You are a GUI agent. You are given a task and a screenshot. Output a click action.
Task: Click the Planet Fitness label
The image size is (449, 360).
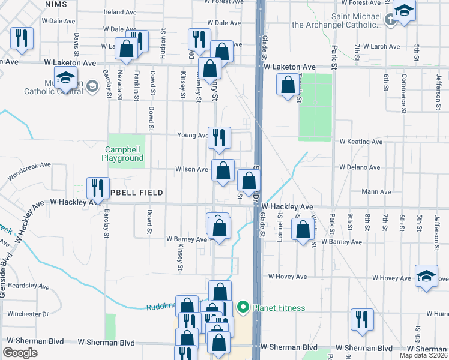click(279, 308)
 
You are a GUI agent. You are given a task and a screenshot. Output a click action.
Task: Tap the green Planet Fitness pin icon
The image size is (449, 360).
click(243, 308)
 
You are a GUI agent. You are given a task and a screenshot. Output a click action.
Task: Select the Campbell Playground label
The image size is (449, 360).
click(125, 154)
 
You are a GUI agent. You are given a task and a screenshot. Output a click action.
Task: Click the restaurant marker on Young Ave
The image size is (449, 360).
click(219, 137)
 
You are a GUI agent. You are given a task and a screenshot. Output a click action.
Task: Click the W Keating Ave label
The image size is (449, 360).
click(360, 142)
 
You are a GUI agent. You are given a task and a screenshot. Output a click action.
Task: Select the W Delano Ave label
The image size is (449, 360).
click(360, 167)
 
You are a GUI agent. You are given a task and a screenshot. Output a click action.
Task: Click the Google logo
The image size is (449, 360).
click(20, 353)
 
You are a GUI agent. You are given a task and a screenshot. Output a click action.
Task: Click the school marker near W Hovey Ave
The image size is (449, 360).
click(426, 276)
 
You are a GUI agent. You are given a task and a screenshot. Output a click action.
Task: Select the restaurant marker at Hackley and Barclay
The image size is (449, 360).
click(98, 188)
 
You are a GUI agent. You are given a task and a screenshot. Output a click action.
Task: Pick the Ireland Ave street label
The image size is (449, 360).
click(121, 12)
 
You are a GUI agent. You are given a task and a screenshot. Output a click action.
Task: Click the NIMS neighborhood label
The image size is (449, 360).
click(55, 4)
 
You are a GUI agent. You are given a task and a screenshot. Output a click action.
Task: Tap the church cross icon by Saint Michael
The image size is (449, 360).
click(390, 19)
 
